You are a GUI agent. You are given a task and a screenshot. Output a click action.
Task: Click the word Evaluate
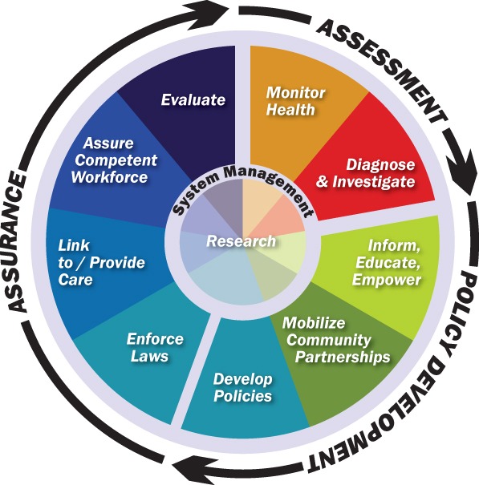pyautogui.click(x=193, y=100)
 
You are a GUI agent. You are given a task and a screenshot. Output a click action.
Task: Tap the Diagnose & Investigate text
pyautogui.click(x=380, y=173)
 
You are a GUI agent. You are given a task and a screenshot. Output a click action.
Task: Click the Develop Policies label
pyautogui.click(x=242, y=386)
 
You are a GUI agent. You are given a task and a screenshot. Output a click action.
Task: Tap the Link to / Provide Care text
pyautogui.click(x=87, y=261)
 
